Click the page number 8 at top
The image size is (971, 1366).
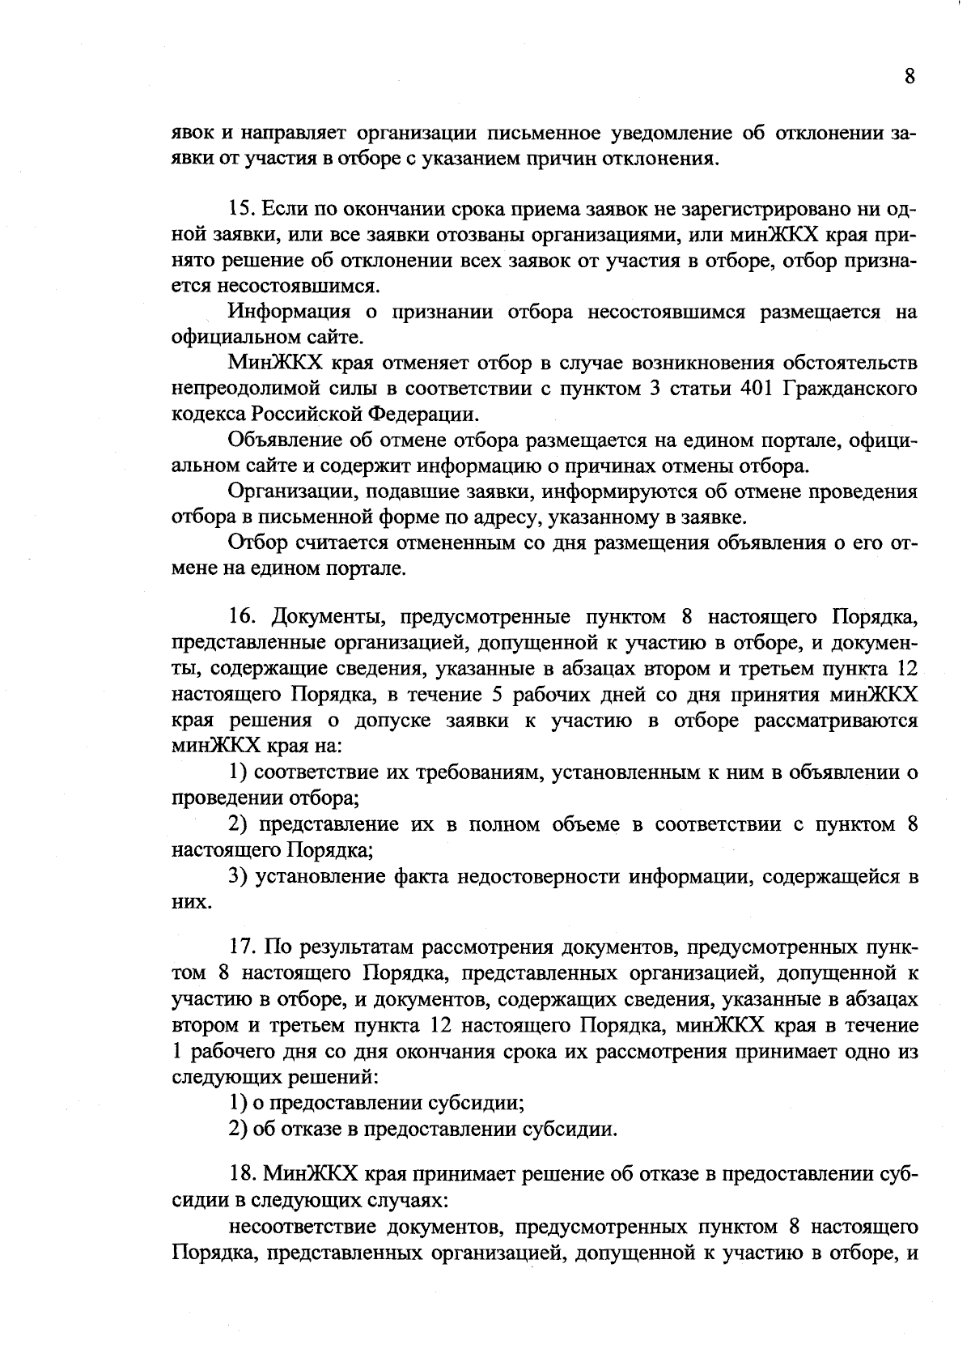[x=910, y=76]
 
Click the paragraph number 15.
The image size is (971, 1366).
[x=242, y=209]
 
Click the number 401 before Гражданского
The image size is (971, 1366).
[x=760, y=388]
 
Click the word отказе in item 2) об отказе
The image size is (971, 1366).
[x=314, y=1128]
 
